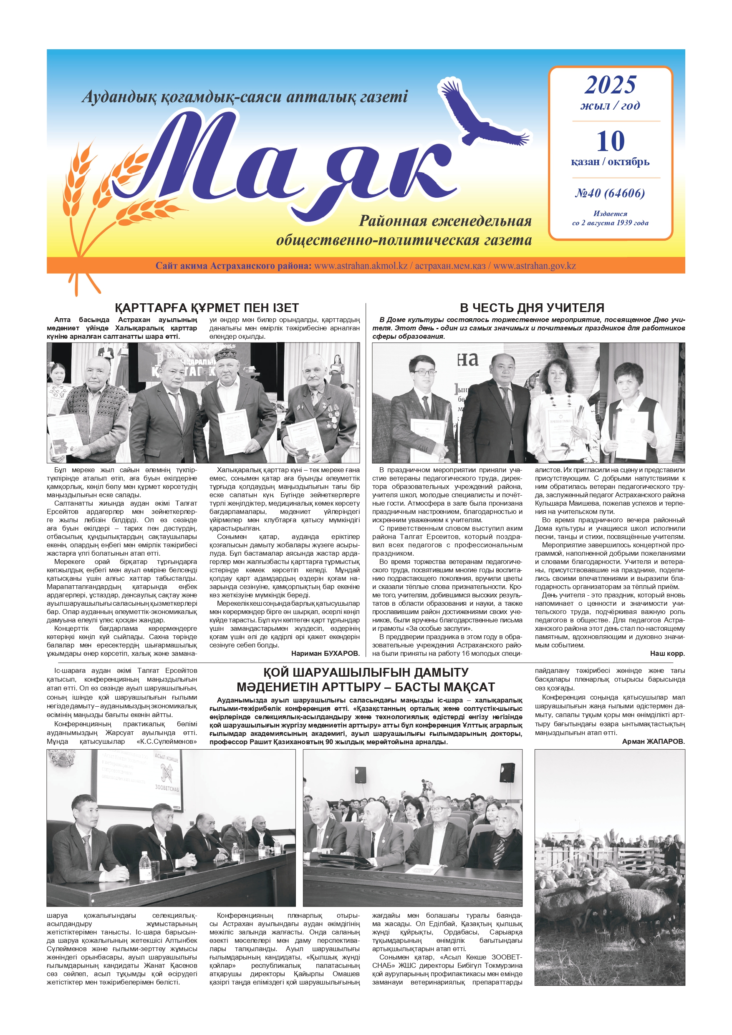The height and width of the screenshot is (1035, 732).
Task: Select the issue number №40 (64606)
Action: [x=610, y=194]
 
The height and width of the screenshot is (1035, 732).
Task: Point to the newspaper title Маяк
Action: [x=289, y=162]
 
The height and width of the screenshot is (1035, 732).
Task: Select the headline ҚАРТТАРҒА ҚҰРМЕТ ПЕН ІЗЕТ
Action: [x=207, y=308]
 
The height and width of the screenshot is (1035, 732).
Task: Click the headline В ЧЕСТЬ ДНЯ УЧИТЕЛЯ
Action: [x=532, y=308]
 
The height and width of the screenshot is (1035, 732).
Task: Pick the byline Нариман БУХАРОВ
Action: [x=325, y=653]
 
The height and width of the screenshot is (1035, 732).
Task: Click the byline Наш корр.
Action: [x=667, y=653]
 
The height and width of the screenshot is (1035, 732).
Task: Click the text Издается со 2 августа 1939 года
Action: [x=610, y=218]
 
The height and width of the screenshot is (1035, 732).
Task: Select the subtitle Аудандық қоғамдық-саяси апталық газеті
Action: [x=245, y=96]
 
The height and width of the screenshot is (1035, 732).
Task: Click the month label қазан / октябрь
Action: [x=610, y=161]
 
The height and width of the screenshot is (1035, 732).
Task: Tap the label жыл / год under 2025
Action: [x=610, y=106]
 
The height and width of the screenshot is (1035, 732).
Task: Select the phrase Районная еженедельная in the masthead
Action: [x=445, y=221]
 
